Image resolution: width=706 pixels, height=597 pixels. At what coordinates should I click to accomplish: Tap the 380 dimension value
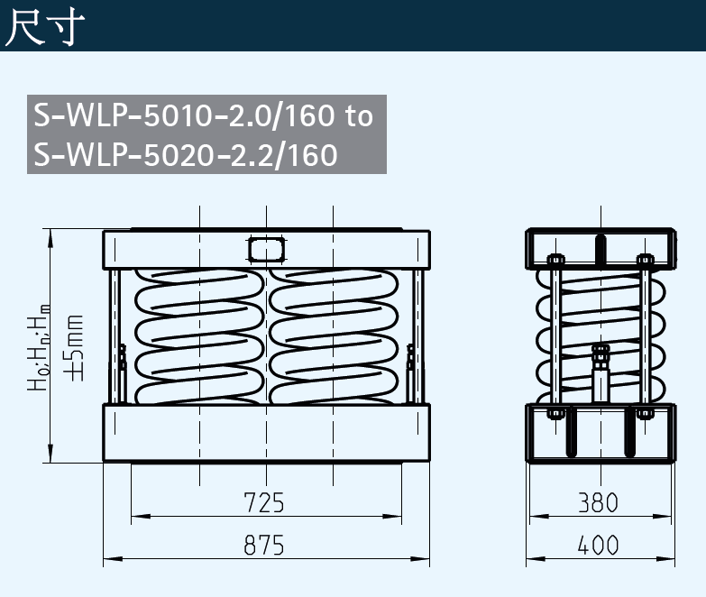click(599, 502)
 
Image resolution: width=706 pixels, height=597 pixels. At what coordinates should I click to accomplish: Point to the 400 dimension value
click(599, 546)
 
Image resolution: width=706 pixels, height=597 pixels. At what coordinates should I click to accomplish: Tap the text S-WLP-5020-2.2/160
click(185, 154)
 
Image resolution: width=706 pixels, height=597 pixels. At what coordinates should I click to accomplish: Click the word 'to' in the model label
click(358, 116)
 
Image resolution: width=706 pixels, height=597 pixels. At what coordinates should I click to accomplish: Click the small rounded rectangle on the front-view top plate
click(267, 247)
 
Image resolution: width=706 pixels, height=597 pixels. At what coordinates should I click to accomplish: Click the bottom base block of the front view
click(267, 432)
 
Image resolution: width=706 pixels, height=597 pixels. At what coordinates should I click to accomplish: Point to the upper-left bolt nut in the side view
click(555, 261)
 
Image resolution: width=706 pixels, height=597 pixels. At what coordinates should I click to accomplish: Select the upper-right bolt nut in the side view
click(644, 261)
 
